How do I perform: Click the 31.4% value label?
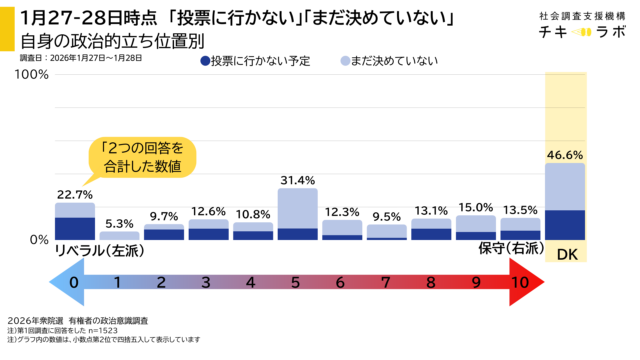pyautogui.click(x=297, y=179)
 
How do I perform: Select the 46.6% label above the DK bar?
pyautogui.click(x=565, y=155)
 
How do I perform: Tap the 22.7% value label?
pyautogui.click(x=75, y=194)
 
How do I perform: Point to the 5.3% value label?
pyautogui.click(x=119, y=223)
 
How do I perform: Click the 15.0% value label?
pyautogui.click(x=476, y=207)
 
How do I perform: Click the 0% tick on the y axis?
pyautogui.click(x=38, y=240)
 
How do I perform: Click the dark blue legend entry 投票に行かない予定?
pyautogui.click(x=249, y=62)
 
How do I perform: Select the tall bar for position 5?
pyautogui.click(x=297, y=213)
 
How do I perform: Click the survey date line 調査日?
pyautogui.click(x=81, y=59)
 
